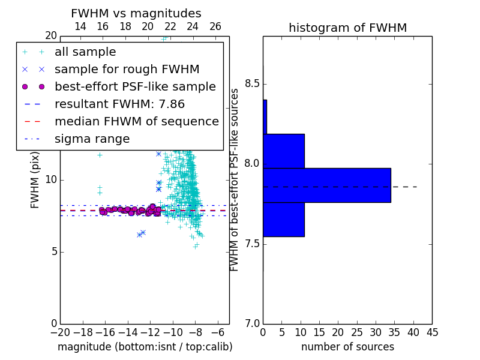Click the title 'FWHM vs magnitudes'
(x=136, y=13)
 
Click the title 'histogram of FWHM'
(x=348, y=28)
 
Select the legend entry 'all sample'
(x=85, y=52)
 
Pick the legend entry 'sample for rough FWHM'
(x=127, y=70)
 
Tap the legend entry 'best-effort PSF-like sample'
(x=136, y=86)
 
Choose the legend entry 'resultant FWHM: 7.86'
(x=119, y=104)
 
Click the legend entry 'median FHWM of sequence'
(x=137, y=122)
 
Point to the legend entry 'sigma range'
(x=92, y=139)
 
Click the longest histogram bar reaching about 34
(x=327, y=185)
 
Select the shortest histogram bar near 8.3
(x=265, y=117)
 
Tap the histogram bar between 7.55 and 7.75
(x=284, y=220)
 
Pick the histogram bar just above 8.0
(x=284, y=151)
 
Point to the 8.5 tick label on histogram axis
(x=252, y=83)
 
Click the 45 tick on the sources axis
(x=432, y=332)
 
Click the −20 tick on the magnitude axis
(x=60, y=332)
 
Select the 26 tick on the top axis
(x=215, y=26)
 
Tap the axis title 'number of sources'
(x=348, y=347)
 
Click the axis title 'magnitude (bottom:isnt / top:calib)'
(x=145, y=347)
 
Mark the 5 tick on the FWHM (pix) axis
(x=55, y=252)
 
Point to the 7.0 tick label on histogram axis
(x=252, y=323)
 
